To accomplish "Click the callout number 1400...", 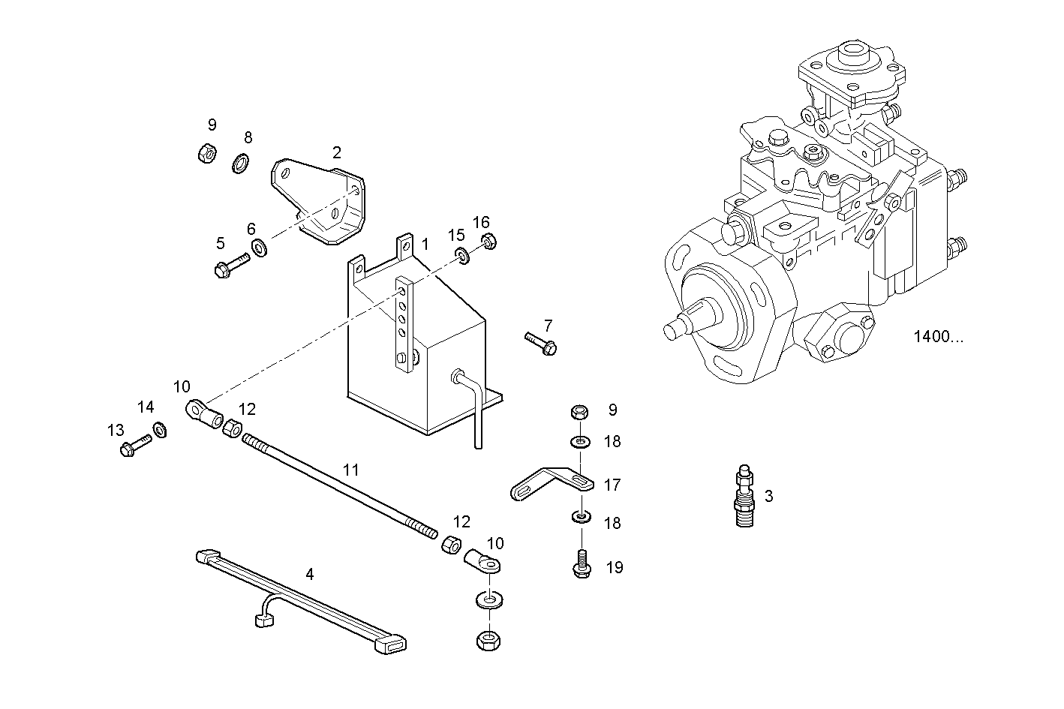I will (x=937, y=337).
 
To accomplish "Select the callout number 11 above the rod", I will (x=351, y=470).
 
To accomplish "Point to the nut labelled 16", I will (x=487, y=242).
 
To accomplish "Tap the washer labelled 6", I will (x=257, y=246).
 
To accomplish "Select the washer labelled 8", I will (x=240, y=163).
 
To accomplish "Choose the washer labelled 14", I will (x=159, y=430).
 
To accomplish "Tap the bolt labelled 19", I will (x=582, y=566).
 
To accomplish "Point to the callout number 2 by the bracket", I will (x=337, y=153).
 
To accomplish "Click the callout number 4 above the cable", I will (x=310, y=575).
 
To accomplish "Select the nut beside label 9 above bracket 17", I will (x=580, y=412).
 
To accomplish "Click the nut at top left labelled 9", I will (x=207, y=154).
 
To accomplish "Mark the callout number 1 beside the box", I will (x=425, y=244).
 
